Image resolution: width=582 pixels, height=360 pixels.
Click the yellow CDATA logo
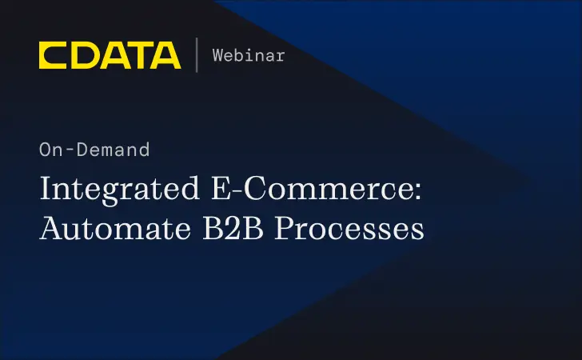click(110, 55)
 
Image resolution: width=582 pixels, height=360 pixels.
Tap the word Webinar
click(249, 55)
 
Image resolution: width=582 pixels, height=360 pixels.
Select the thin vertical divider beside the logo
click(196, 55)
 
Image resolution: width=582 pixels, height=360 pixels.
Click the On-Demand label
click(94, 149)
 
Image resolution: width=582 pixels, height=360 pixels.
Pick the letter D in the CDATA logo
click(82, 55)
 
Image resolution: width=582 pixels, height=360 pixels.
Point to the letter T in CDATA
click(138, 55)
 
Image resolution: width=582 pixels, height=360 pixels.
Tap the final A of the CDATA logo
click(165, 55)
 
